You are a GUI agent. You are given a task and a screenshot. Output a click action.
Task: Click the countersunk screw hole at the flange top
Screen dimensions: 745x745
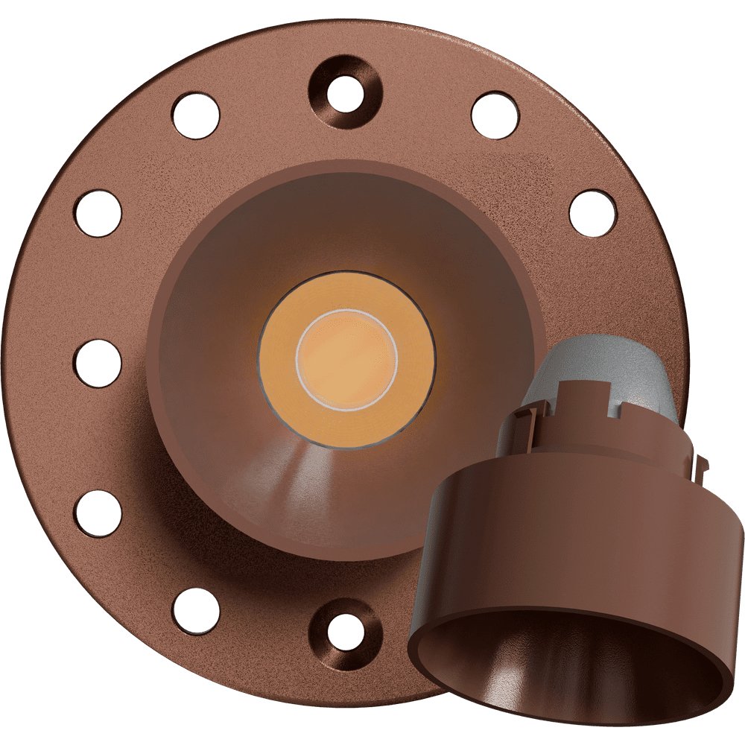(x=346, y=93)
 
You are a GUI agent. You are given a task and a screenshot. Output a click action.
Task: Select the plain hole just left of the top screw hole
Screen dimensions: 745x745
(x=196, y=115)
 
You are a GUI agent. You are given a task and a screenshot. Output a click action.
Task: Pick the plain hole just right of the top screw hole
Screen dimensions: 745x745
(x=495, y=115)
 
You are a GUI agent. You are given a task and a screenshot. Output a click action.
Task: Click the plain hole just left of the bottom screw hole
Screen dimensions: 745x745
(x=196, y=610)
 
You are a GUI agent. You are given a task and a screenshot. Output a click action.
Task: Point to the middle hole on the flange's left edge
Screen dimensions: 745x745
(x=98, y=364)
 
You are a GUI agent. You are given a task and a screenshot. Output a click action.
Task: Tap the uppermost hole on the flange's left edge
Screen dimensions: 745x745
(x=98, y=214)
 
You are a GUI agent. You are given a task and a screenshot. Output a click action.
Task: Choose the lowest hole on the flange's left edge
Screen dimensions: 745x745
(x=98, y=513)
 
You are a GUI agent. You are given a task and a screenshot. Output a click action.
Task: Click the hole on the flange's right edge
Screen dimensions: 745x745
(x=593, y=214)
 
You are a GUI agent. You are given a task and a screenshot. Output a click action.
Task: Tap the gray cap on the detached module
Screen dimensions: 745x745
(x=596, y=372)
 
